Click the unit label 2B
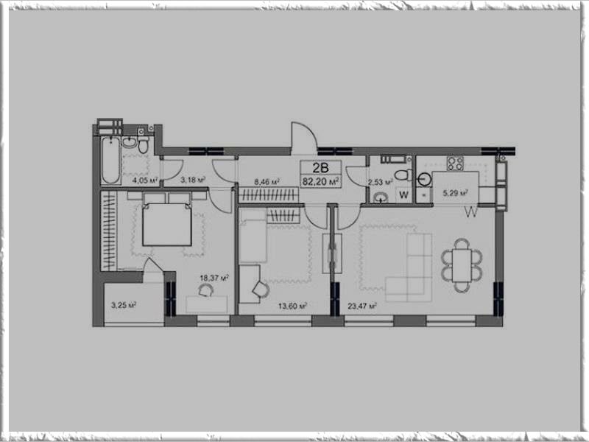[320, 168]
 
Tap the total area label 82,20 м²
[321, 182]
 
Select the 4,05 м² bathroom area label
[144, 180]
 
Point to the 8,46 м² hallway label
[267, 182]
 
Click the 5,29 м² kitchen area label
[455, 193]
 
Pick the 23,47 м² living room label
[362, 306]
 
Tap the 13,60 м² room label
[292, 306]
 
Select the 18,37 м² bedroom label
[214, 278]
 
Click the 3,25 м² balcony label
[123, 305]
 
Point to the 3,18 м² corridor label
[193, 180]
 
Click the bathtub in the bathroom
[111, 160]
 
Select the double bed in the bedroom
[167, 225]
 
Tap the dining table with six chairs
[462, 266]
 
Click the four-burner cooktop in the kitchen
[455, 163]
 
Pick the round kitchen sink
[424, 179]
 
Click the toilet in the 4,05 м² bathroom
[143, 142]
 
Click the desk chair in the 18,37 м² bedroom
[205, 290]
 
